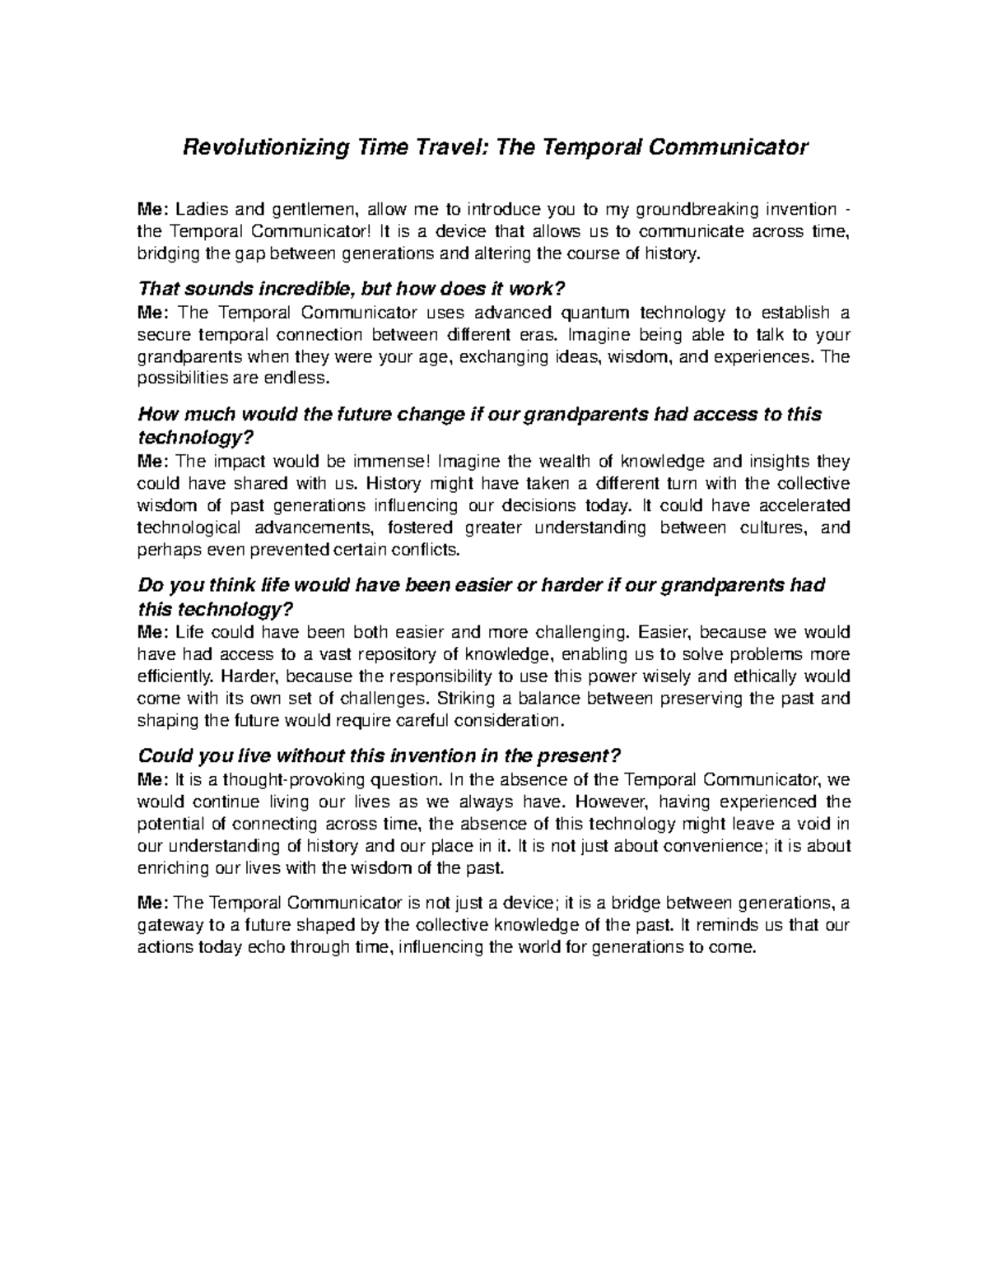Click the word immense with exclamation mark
tap(391, 461)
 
